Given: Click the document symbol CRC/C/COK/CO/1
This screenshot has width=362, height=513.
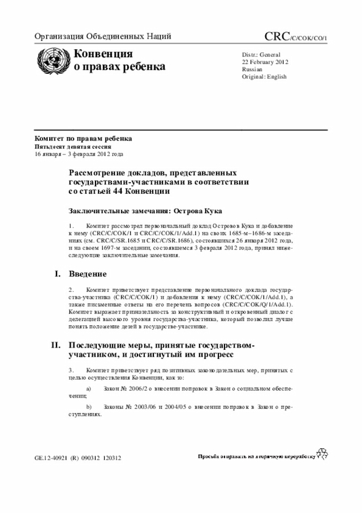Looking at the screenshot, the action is tap(295, 37).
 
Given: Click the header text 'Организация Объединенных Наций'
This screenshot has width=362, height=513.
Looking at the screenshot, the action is tap(103, 37).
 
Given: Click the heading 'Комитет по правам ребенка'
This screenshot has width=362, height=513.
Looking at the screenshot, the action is tap(84, 138).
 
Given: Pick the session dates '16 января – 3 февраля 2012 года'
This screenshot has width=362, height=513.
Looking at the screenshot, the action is tap(79, 154).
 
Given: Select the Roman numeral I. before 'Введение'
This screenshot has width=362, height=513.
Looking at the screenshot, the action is tap(57, 274).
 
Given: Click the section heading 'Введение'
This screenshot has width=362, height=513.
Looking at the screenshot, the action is tap(88, 274).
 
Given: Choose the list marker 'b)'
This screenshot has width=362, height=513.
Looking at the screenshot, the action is tap(88, 407).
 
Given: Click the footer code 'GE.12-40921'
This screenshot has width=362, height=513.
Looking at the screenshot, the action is tap(51, 457).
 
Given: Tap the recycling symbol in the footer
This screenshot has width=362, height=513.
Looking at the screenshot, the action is tap(322, 453).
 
